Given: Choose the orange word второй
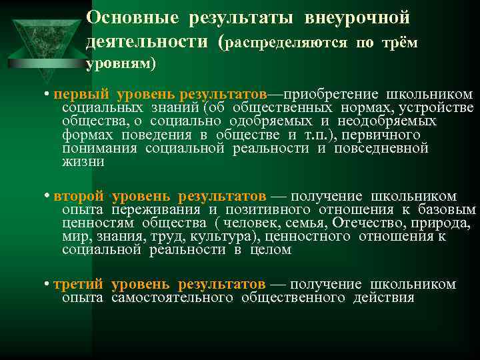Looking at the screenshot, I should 79,196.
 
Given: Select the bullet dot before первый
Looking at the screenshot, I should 45,95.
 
